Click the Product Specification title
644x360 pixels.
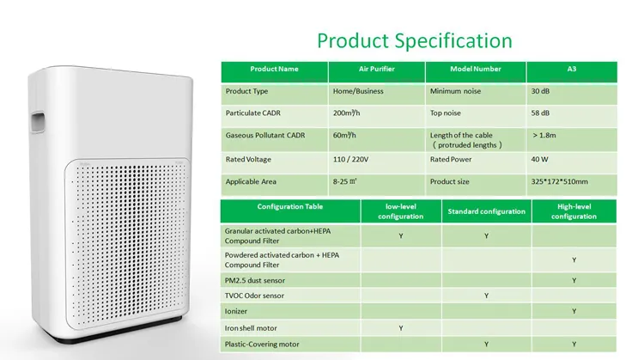pos(414,40)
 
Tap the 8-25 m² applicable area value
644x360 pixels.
pos(345,181)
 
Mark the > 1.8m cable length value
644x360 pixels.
pos(547,136)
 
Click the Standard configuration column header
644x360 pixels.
pos(486,211)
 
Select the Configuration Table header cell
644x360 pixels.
pos(290,207)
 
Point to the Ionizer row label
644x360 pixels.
pos(238,311)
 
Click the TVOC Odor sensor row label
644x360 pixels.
pos(255,296)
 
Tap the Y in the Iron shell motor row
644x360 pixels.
pos(401,328)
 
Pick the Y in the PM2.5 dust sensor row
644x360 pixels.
pos(574,280)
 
